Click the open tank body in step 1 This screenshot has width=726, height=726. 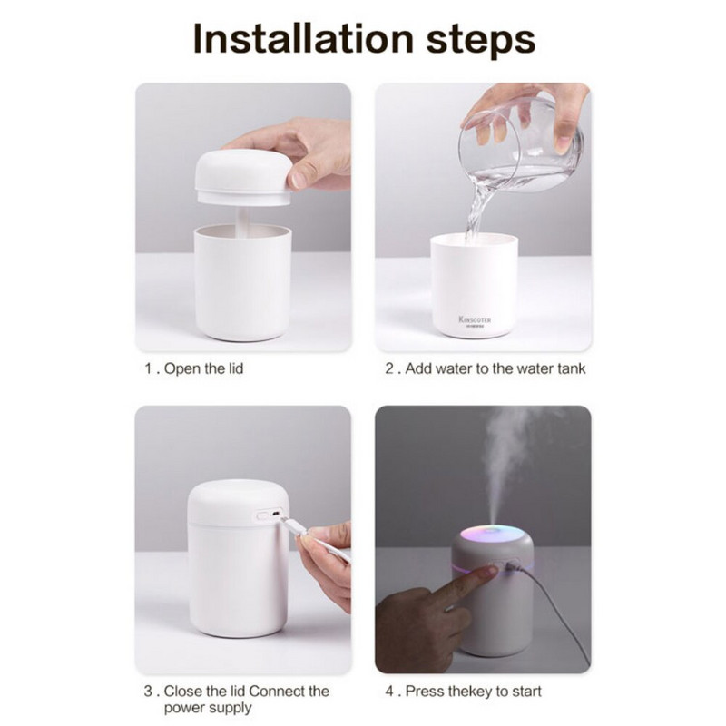point(242,286)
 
